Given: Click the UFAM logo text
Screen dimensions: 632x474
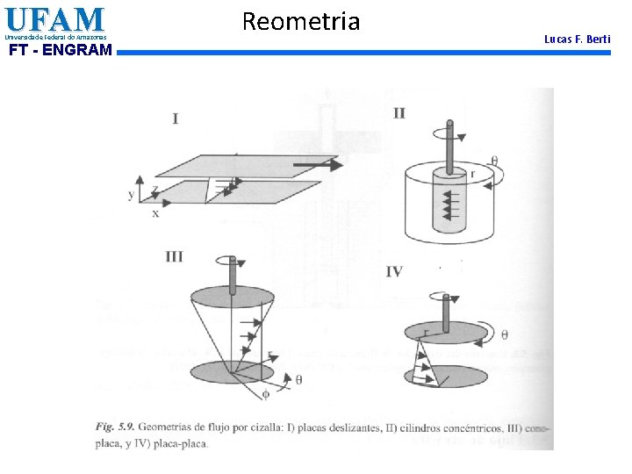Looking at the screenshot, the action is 54,19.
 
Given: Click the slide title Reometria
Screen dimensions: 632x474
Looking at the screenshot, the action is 300,21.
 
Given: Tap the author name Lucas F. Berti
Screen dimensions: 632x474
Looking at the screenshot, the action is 577,39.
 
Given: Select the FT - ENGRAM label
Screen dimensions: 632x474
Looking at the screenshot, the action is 60,50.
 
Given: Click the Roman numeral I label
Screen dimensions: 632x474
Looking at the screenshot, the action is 176,118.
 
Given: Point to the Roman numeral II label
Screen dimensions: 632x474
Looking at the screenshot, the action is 399,113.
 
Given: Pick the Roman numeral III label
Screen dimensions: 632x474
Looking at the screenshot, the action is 174,256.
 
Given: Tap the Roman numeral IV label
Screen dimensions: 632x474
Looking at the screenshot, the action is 394,272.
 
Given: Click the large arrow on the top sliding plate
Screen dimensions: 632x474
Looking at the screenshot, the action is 315,163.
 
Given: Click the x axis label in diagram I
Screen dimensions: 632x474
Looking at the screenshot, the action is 155,213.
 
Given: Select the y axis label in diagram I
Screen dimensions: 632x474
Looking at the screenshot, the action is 132,195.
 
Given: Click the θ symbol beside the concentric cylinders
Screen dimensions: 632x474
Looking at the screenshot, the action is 493,161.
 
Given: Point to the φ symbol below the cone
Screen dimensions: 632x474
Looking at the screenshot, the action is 267,394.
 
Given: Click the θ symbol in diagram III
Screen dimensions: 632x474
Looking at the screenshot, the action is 298,379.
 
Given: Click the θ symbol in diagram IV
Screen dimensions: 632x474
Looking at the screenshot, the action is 504,334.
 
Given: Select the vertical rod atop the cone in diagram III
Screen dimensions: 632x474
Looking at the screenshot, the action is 233,275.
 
